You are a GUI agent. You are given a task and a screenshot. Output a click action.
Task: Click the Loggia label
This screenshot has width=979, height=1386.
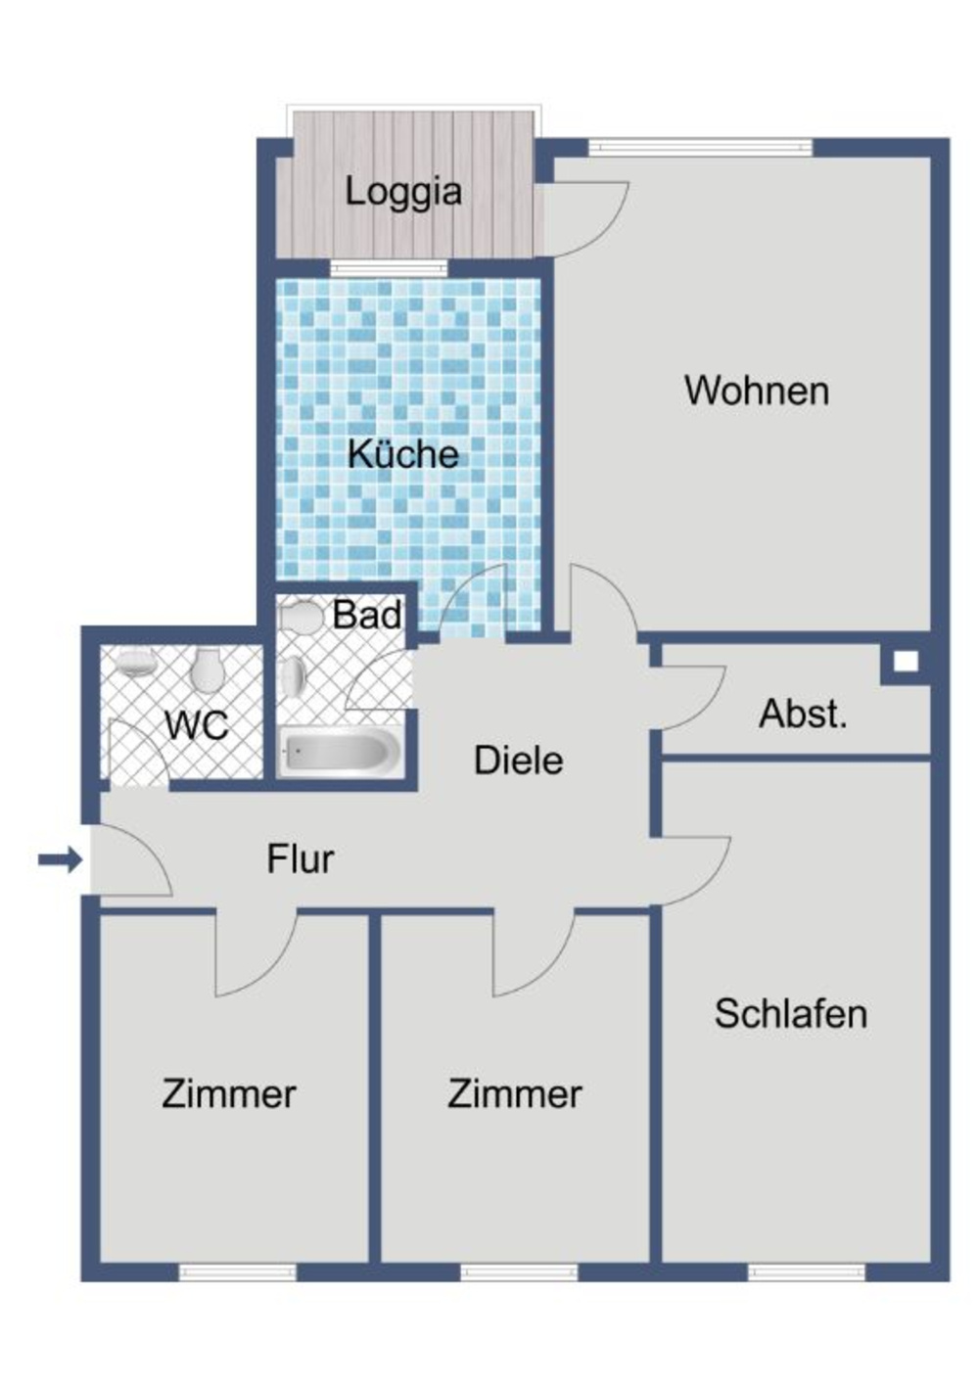pos(402,191)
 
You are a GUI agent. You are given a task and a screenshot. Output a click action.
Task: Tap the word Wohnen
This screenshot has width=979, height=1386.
pos(756,391)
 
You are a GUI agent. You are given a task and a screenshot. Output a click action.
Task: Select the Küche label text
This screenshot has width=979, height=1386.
pos(402,454)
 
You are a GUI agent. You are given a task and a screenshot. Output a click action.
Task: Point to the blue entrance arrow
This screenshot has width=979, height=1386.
pos(60,860)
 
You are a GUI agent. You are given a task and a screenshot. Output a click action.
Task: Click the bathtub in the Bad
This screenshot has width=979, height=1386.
pos(339,752)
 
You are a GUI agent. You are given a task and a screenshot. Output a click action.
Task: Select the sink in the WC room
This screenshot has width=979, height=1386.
pos(135,663)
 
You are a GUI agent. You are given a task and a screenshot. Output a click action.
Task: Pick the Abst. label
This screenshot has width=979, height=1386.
pos(802,715)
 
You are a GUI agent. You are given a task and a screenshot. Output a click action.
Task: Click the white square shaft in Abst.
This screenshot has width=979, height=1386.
pos(906,662)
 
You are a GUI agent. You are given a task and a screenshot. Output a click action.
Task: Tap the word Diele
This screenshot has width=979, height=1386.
pos(518,761)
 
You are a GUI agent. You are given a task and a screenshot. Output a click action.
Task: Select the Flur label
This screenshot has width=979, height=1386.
pos(300,859)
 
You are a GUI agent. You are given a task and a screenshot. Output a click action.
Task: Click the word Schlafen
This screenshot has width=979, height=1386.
pos(790,1013)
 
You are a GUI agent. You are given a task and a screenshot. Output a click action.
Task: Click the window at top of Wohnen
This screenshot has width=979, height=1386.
pos(700,148)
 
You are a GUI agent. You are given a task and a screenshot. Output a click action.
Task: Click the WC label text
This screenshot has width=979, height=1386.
pos(196,725)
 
